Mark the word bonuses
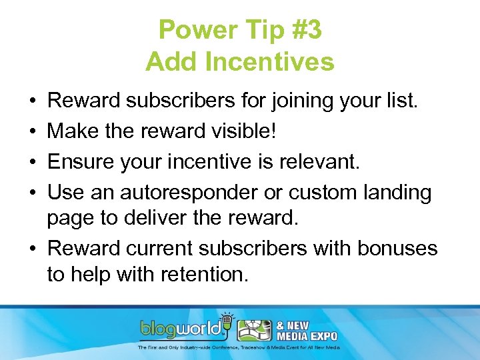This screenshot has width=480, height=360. click(397, 249)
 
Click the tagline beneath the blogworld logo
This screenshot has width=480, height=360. click(239, 347)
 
